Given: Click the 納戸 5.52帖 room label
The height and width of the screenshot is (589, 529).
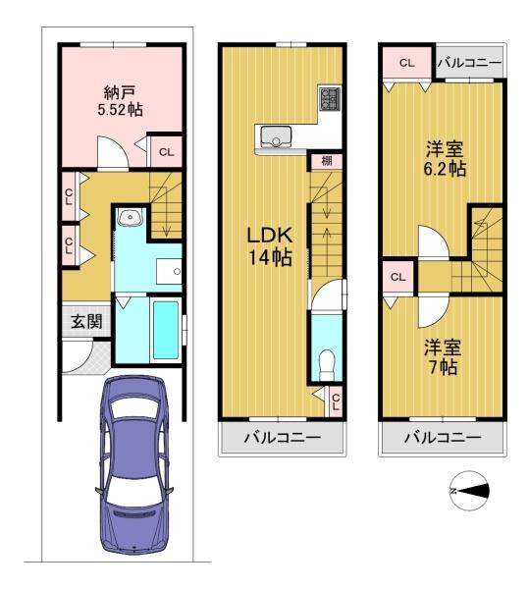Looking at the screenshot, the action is pyautogui.click(x=120, y=101).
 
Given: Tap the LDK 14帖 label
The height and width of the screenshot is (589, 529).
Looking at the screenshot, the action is pyautogui.click(x=270, y=246).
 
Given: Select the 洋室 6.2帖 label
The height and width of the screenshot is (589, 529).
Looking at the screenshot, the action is pyautogui.click(x=445, y=159).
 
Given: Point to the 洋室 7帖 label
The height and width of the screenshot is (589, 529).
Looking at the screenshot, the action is pyautogui.click(x=443, y=357).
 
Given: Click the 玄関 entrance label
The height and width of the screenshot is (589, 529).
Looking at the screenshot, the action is pyautogui.click(x=86, y=322).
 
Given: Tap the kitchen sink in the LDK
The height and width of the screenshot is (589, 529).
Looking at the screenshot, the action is pyautogui.click(x=276, y=136).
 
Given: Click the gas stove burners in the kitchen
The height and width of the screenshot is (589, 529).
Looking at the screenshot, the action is pyautogui.click(x=330, y=98).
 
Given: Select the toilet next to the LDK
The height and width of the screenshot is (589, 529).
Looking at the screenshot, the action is pyautogui.click(x=326, y=365).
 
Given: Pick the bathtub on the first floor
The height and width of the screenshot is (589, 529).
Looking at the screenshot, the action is pyautogui.click(x=166, y=330).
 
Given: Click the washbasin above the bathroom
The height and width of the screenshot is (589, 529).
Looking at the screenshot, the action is pyautogui.click(x=130, y=217).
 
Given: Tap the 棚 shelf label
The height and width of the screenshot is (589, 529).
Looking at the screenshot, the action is pyautogui.click(x=327, y=161).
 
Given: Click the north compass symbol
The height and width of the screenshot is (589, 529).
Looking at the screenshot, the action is pyautogui.click(x=470, y=491).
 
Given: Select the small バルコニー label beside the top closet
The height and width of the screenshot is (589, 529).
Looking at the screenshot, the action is pyautogui.click(x=469, y=63).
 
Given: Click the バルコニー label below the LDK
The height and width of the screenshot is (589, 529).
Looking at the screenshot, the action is pyautogui.click(x=283, y=437).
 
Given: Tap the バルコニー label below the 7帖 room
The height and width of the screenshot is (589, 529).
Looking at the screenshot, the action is pyautogui.click(x=443, y=437).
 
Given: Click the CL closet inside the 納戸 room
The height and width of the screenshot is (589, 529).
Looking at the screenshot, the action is pyautogui.click(x=166, y=152).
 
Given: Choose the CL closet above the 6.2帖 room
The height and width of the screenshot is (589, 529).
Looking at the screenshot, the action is pyautogui.click(x=407, y=63).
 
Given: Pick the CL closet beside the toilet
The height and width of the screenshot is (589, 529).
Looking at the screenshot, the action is pyautogui.click(x=336, y=402).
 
